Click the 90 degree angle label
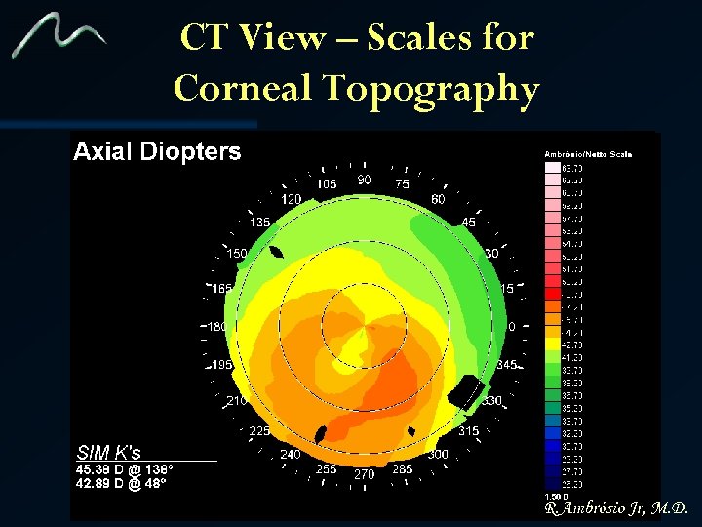click(x=364, y=180)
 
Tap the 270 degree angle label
click(x=364, y=475)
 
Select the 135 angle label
click(x=259, y=223)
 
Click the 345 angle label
click(x=506, y=364)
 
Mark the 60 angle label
click(x=438, y=199)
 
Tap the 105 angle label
click(x=327, y=184)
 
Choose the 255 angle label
click(x=326, y=469)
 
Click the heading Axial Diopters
click(x=157, y=151)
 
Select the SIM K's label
click(x=108, y=453)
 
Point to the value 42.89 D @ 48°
click(x=119, y=483)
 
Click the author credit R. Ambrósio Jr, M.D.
click(x=617, y=508)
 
